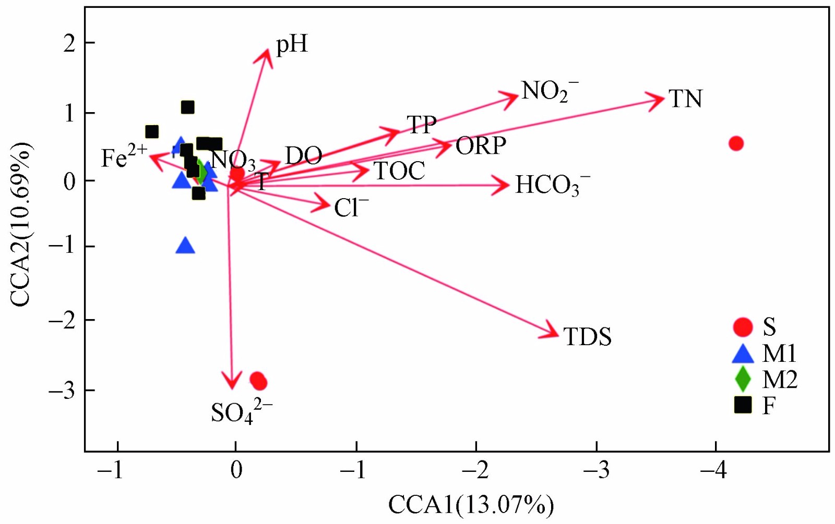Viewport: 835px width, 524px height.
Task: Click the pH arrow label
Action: [x=292, y=45]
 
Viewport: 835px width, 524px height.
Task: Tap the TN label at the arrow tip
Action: [x=685, y=99]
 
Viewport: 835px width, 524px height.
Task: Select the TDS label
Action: [x=587, y=337]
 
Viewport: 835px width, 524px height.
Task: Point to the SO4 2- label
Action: [x=241, y=412]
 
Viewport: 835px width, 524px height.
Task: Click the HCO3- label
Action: [x=553, y=185]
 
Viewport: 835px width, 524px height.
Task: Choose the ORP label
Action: [x=481, y=146]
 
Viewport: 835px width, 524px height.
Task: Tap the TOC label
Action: [x=399, y=171]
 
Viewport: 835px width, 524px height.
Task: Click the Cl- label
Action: [x=351, y=208]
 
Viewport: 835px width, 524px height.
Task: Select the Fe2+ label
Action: [x=124, y=157]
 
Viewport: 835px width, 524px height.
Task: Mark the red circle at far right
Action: [x=736, y=143]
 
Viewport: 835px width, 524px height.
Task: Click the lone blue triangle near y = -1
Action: [x=185, y=246]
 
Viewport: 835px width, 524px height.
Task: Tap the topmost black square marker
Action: [x=187, y=107]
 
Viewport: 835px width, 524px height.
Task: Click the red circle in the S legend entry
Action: [x=743, y=327]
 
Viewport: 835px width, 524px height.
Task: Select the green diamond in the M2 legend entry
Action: [x=743, y=379]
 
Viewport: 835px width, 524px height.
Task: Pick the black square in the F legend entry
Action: [x=743, y=405]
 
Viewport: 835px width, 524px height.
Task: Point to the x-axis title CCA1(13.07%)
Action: [x=471, y=505]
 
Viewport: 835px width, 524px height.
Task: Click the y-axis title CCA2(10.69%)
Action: [x=21, y=225]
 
